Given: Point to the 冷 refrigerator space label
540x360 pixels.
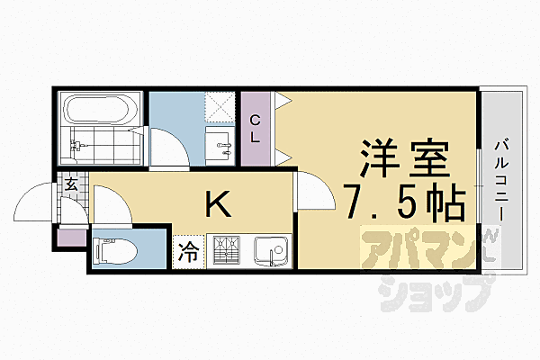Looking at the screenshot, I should tap(189, 249).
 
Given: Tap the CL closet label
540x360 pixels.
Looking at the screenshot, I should tap(256, 128).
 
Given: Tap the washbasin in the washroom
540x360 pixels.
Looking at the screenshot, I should tap(219, 141).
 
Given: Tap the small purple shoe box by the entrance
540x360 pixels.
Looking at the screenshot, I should tap(69, 238).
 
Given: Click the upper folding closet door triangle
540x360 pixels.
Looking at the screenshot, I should tap(282, 101).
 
